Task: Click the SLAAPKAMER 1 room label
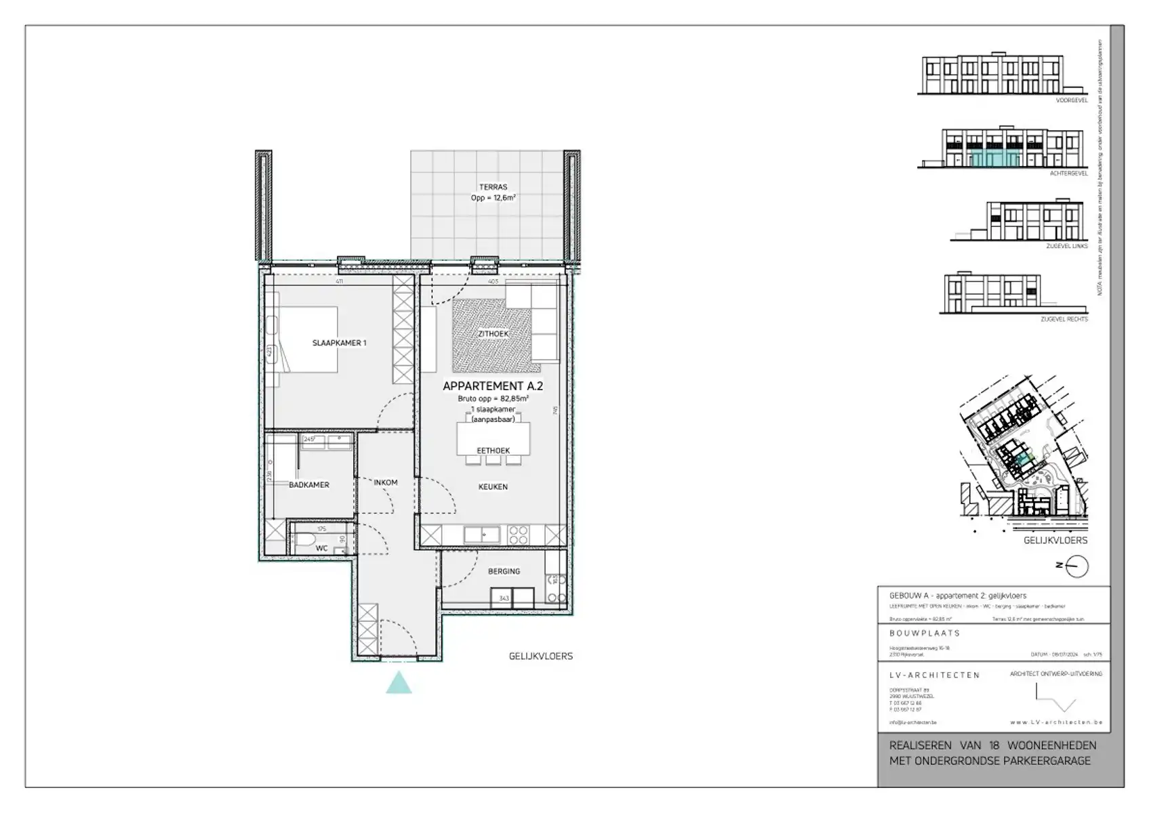339,343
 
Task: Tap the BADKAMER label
309,485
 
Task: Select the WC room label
322,548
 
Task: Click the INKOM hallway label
386,482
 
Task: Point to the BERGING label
504,571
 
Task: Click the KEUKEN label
493,486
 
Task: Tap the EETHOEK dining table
493,438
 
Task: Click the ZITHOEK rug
496,335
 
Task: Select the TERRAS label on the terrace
493,187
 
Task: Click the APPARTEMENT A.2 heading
493,386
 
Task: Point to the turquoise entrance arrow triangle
399,683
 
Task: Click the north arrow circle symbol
1077,566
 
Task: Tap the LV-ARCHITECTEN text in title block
934,675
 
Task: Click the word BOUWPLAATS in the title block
925,633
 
